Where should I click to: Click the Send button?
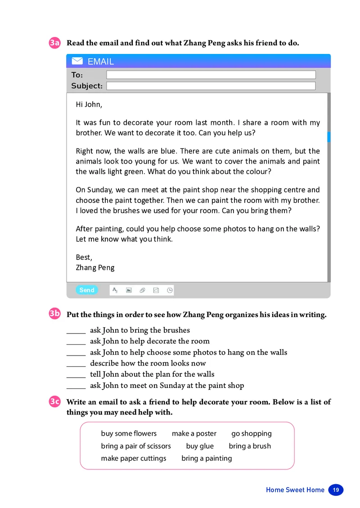click(x=86, y=290)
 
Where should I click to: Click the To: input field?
click(x=211, y=75)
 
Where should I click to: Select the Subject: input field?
click(x=211, y=86)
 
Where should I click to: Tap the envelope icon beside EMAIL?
click(x=77, y=61)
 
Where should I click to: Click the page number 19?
click(x=336, y=490)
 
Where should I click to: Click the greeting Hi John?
click(x=89, y=104)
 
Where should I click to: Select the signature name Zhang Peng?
click(x=95, y=267)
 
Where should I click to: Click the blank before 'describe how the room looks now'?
click(x=76, y=364)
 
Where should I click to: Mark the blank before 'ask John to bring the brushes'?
click(x=76, y=330)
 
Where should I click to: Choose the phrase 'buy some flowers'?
click(x=129, y=433)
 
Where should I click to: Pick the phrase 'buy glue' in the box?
click(x=200, y=446)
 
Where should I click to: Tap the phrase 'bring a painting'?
click(x=207, y=458)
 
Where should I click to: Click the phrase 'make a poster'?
click(x=194, y=433)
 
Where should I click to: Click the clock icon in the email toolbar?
click(x=170, y=290)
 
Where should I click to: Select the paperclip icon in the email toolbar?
click(x=142, y=290)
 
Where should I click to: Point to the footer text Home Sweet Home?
click(x=295, y=490)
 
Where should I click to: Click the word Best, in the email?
click(x=84, y=257)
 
